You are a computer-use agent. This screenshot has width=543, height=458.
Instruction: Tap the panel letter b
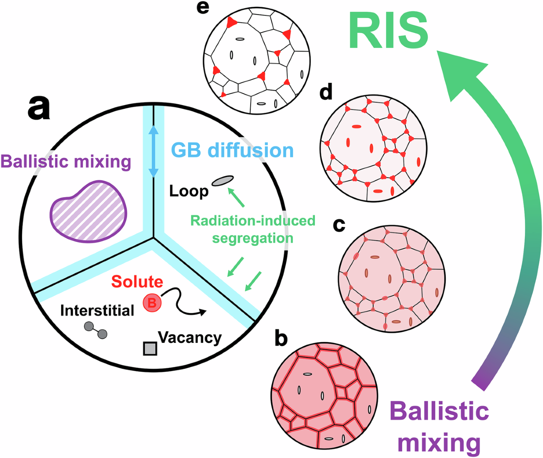coord(281,337)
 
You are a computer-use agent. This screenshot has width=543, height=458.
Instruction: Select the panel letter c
coord(339,224)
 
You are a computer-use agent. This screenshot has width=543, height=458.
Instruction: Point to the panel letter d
coord(325,92)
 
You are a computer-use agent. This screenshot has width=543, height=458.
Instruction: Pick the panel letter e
coord(203,9)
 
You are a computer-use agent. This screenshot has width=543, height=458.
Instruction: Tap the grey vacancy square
coord(150,348)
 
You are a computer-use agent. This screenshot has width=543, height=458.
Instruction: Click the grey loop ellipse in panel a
coord(222,181)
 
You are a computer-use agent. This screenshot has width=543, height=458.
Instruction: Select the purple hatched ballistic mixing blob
coord(88,211)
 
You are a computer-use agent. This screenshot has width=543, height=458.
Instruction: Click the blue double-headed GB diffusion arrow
coord(154,151)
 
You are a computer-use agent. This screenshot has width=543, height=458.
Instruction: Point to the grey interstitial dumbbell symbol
coord(95,330)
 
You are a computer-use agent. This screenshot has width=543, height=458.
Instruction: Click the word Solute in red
coord(137,281)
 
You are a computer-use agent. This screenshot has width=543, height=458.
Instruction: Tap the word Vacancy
coord(190,337)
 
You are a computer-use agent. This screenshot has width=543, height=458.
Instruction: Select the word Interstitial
coord(97,310)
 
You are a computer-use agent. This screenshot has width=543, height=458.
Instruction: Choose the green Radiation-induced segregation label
coord(252,229)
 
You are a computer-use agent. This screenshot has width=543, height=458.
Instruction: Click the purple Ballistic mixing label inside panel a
coord(66,161)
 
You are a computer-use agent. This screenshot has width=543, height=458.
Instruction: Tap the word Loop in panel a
coord(189,191)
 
